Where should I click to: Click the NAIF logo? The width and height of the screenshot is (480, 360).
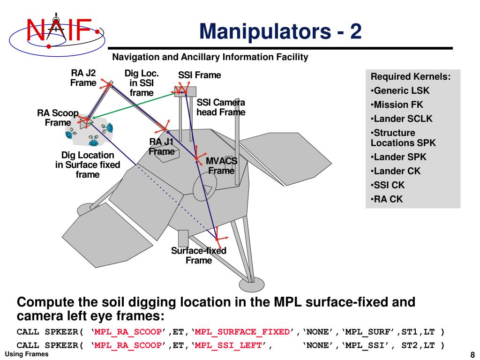pos(56,31)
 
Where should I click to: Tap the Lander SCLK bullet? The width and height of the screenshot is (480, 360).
pos(402,119)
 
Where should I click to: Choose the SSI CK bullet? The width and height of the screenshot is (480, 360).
pos(388,185)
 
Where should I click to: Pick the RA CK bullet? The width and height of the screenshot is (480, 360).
pos(387,199)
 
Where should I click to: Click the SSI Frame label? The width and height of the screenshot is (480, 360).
pos(199,75)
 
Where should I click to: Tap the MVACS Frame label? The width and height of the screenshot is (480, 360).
pos(221,165)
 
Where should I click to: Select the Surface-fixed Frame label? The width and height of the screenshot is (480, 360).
pos(199,255)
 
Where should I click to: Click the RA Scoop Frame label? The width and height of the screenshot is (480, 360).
pos(58,118)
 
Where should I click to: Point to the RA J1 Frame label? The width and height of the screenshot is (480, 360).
pos(162,147)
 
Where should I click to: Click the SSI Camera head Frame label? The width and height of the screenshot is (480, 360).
pos(221,108)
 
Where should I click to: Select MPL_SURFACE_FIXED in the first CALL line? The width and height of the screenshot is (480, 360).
pos(242,332)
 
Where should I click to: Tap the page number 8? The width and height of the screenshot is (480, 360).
pos(472,354)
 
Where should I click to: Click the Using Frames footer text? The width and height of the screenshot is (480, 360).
pos(26,354)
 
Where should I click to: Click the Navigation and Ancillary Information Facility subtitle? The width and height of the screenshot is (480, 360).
pos(210,57)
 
